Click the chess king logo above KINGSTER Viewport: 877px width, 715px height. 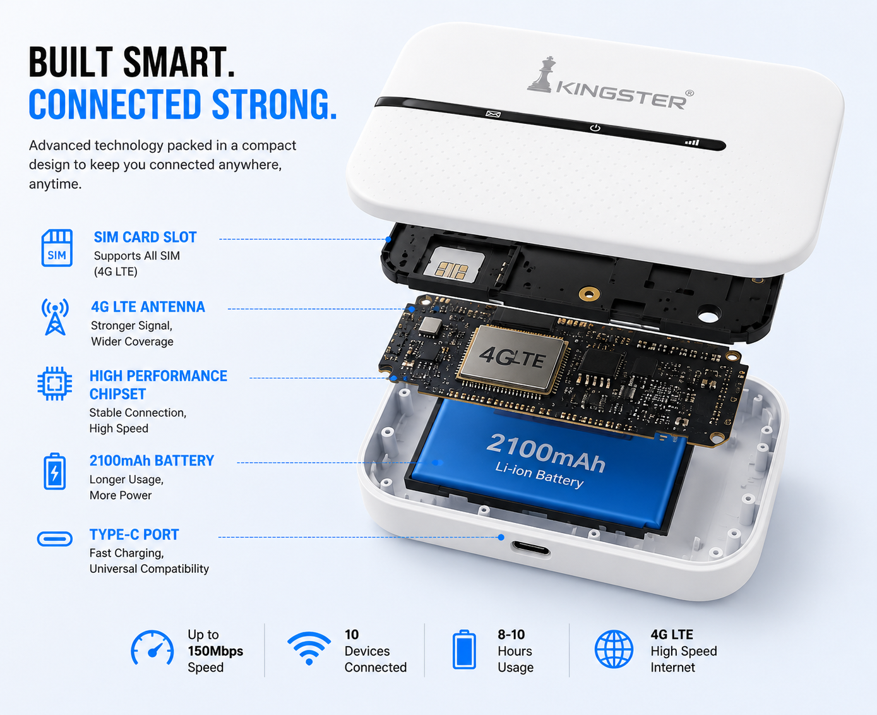[543, 75]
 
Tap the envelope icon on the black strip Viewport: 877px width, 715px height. [493, 114]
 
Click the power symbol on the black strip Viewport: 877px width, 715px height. [595, 128]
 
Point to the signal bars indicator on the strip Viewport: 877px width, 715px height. [692, 143]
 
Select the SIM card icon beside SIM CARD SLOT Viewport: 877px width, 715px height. [57, 248]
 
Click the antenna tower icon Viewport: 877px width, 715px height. [55, 316]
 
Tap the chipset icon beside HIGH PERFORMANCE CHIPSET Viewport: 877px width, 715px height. [55, 383]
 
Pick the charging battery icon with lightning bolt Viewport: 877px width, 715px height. [55, 472]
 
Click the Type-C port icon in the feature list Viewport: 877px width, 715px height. [55, 539]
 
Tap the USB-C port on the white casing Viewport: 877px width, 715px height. [531, 549]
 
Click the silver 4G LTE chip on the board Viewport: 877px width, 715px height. [512, 357]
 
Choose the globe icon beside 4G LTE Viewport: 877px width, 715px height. [614, 649]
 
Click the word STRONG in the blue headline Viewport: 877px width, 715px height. [274, 104]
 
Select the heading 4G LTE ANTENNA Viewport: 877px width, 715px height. [148, 307]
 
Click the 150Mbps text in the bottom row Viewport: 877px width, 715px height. [215, 651]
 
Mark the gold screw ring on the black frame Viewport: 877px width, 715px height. [589, 294]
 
